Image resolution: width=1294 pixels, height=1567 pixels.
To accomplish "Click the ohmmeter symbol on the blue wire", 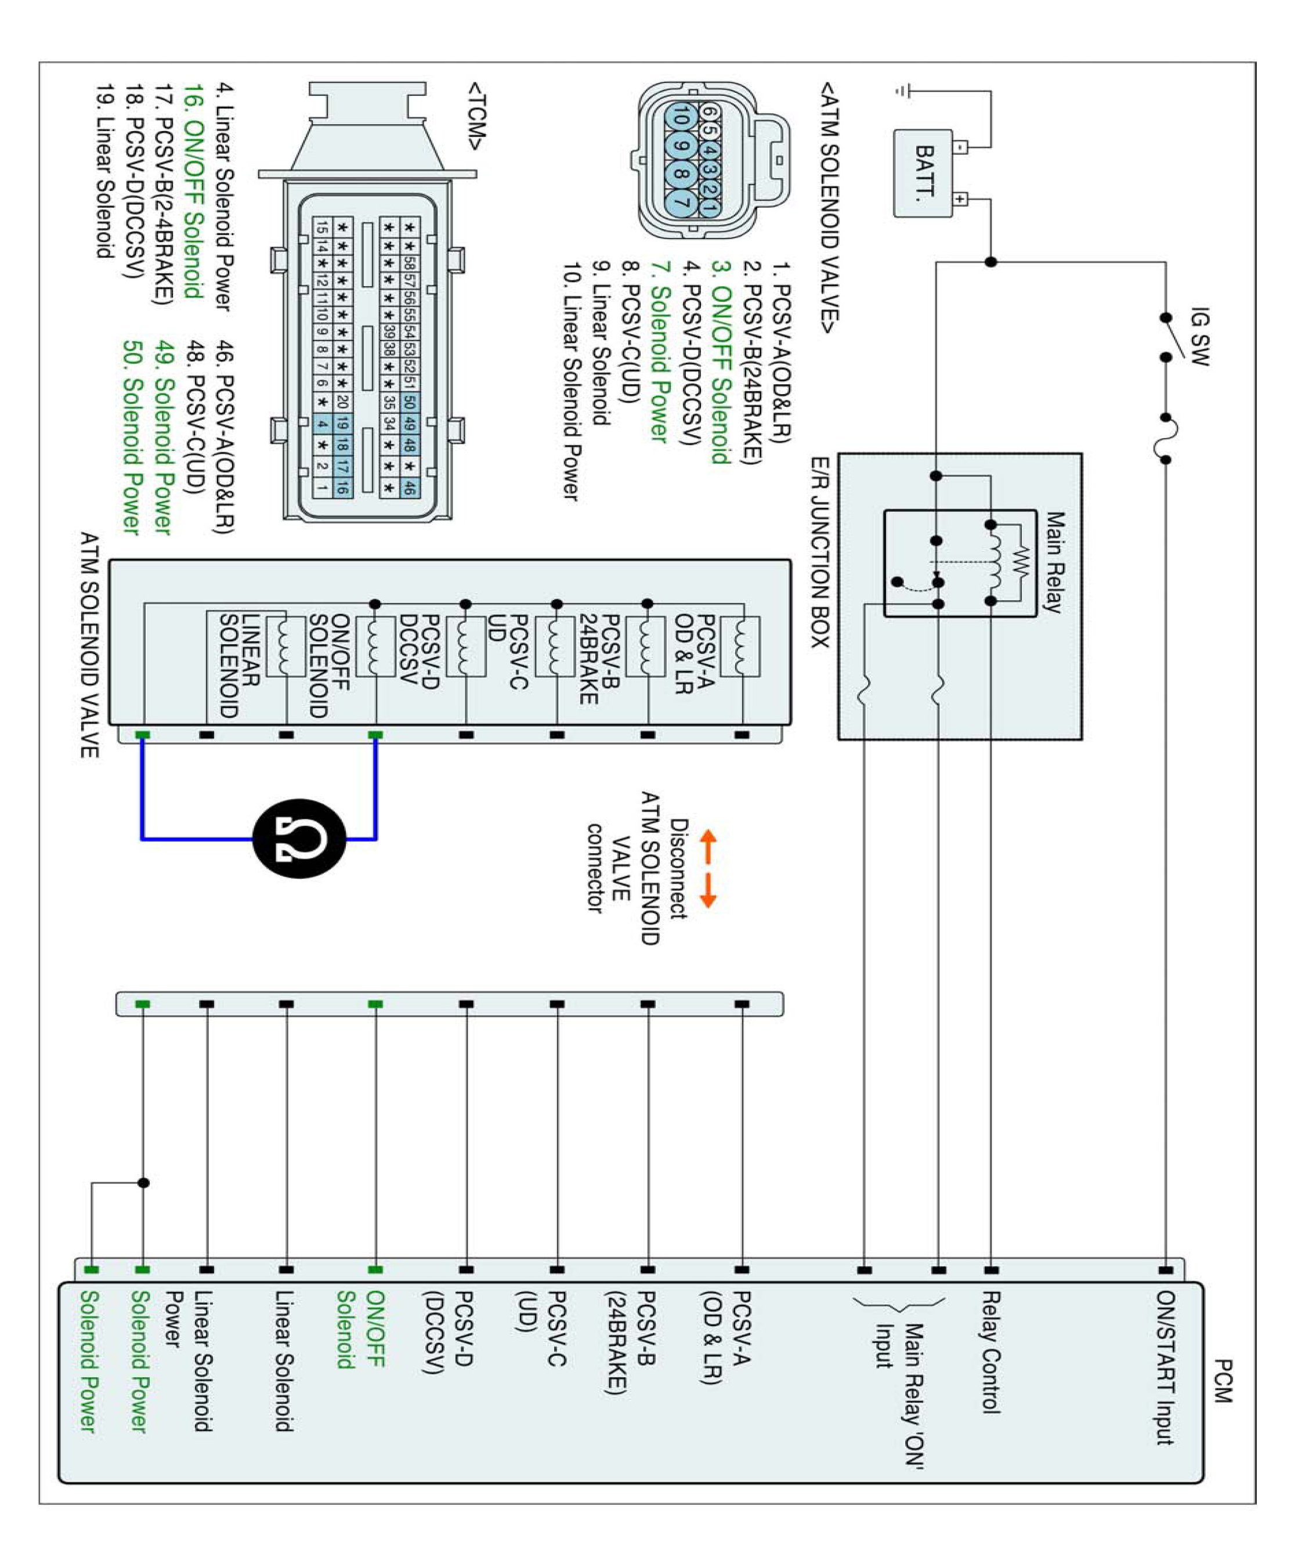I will [299, 839].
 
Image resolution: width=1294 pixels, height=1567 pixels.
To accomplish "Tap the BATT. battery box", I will [923, 174].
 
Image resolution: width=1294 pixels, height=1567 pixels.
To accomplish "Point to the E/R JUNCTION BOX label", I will [820, 553].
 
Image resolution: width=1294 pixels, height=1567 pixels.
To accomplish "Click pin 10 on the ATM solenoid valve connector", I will [681, 117].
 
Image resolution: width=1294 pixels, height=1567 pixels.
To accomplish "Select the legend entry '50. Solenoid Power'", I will [132, 438].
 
